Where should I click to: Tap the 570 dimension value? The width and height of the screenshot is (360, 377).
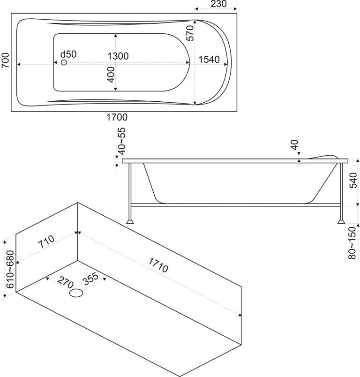[190, 33]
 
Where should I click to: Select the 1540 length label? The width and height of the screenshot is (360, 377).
[210, 59]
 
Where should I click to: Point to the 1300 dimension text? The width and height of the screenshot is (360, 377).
[118, 56]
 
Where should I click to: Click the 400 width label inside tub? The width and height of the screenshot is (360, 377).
[111, 75]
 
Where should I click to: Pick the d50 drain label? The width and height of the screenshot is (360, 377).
[68, 54]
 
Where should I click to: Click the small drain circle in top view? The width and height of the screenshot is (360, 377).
[64, 63]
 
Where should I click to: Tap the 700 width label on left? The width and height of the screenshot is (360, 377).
[5, 60]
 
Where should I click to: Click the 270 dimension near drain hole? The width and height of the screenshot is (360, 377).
[64, 283]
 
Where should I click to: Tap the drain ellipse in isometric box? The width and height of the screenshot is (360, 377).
[76, 294]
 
